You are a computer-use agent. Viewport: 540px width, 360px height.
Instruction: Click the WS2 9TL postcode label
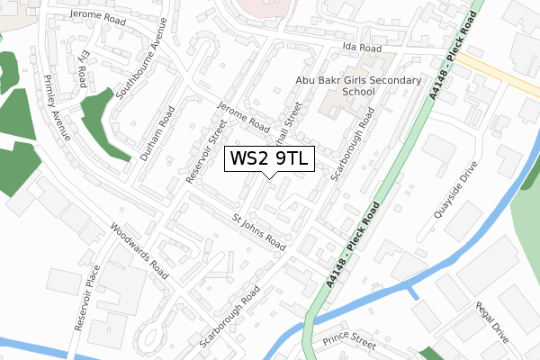[269, 158]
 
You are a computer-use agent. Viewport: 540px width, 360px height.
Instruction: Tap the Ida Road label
[360, 48]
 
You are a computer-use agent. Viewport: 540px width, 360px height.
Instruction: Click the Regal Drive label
[493, 321]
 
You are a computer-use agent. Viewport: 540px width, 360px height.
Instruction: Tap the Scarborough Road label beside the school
[352, 145]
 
